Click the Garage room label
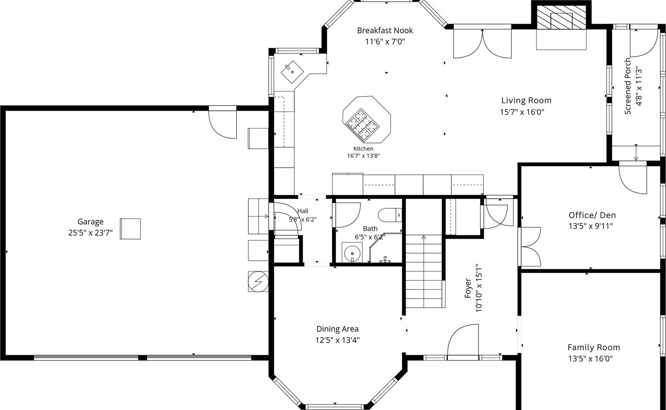tap(90, 222)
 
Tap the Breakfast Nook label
tap(385, 30)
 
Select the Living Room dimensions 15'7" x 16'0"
tap(522, 112)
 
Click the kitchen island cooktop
tap(362, 124)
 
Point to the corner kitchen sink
tap(292, 72)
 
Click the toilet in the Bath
tap(390, 215)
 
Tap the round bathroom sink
tap(352, 253)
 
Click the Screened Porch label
tap(628, 86)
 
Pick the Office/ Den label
tap(592, 215)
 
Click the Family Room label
tap(594, 347)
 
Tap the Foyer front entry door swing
tap(463, 340)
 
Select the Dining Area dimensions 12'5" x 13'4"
tap(338, 340)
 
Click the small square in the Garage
tap(131, 229)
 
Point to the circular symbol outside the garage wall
tap(258, 281)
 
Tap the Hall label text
tap(303, 211)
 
